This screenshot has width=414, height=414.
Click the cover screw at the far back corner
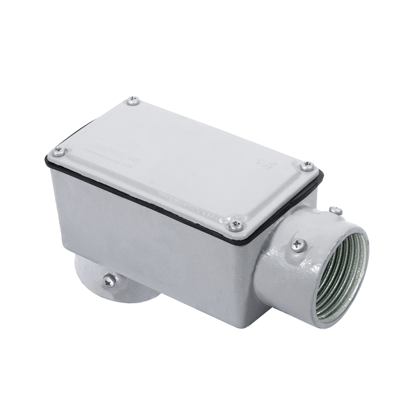133,100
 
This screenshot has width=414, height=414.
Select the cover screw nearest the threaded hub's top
307,167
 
